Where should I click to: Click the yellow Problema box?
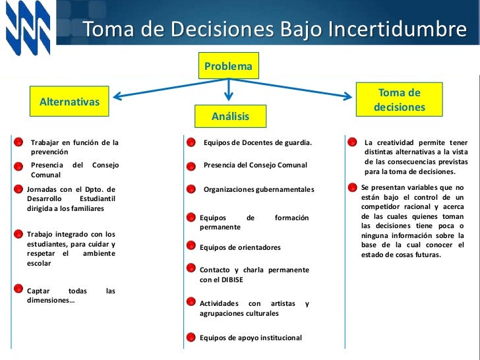[x=228, y=67]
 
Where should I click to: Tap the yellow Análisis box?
[x=230, y=116]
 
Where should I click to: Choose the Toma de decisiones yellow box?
[x=399, y=100]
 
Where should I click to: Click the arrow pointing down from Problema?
[x=228, y=91]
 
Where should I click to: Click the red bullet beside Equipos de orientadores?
[x=191, y=248]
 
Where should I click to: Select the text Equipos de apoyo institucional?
[x=251, y=338]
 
